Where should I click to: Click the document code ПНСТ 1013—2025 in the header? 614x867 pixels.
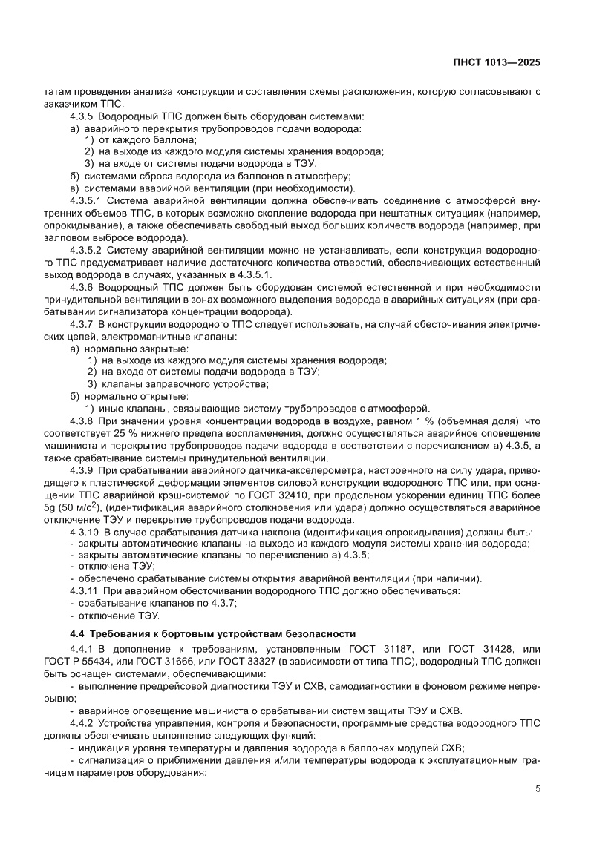[x=496, y=62]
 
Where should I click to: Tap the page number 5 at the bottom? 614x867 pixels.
[x=538, y=788]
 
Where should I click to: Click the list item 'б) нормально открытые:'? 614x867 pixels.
[x=118, y=395]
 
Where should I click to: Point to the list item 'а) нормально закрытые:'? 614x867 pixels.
[x=119, y=348]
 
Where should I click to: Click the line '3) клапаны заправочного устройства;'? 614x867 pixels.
[x=177, y=383]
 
